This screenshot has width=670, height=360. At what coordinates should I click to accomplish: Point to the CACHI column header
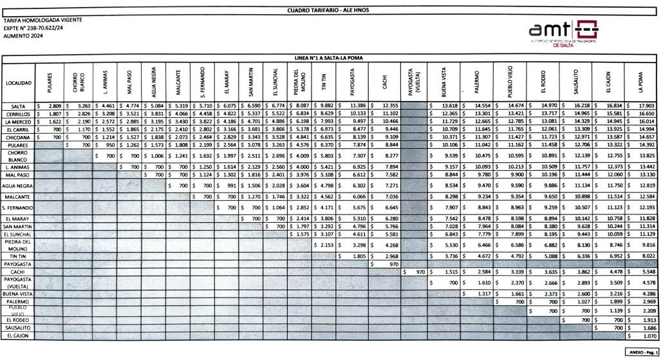[384, 82]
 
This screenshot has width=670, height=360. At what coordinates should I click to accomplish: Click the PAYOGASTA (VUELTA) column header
[414, 82]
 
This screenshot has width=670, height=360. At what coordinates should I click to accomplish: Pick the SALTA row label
[17, 106]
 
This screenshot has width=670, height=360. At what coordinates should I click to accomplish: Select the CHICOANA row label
[17, 137]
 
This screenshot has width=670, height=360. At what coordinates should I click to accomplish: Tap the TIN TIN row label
[17, 256]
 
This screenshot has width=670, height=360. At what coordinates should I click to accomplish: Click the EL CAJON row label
[17, 336]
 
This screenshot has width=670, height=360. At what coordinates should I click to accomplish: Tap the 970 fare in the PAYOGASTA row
[391, 264]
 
